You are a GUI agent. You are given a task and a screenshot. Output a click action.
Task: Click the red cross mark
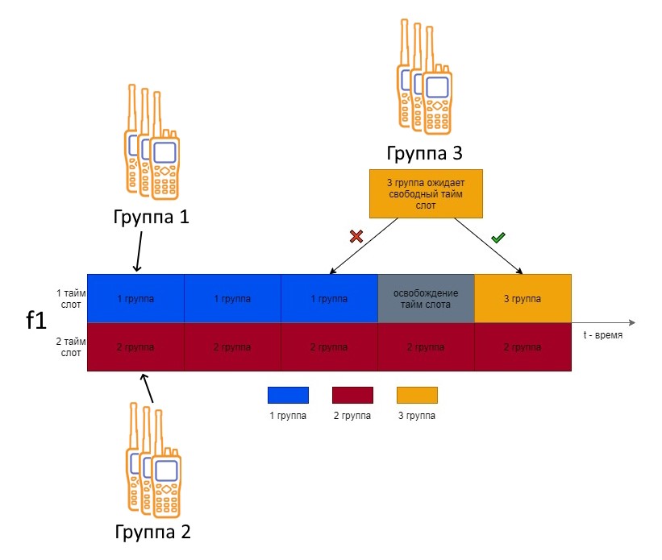point(356,236)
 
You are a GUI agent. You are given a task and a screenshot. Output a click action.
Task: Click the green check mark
point(498,238)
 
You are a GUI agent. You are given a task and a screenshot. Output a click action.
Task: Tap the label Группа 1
point(151,217)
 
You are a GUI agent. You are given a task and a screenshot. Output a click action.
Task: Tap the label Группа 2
point(153,532)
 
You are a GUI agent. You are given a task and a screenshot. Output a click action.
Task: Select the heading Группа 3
point(425,153)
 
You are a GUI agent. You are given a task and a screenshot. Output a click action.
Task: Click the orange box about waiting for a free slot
point(426,193)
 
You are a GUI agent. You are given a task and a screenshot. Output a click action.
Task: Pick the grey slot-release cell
point(426,298)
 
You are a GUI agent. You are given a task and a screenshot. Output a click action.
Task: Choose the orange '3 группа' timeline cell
point(523,298)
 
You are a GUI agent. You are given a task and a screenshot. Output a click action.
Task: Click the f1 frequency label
point(36,321)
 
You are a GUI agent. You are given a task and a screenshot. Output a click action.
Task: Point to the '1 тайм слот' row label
point(71,298)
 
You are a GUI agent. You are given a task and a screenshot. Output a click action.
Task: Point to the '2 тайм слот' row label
point(71,347)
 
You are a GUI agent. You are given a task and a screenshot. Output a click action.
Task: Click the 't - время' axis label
point(603,335)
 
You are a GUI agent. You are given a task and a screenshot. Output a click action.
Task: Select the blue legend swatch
point(289,395)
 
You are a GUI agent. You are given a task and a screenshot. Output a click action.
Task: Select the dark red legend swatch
point(352,395)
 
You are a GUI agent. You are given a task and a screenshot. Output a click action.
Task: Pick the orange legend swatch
point(417,395)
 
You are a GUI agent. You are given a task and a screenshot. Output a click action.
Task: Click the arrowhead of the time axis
point(632,323)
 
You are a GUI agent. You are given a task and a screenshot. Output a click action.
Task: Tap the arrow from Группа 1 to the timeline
point(139,251)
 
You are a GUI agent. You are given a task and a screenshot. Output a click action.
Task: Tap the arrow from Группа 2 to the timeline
point(147,388)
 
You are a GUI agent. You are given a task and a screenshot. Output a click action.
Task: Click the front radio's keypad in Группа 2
point(166,500)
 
